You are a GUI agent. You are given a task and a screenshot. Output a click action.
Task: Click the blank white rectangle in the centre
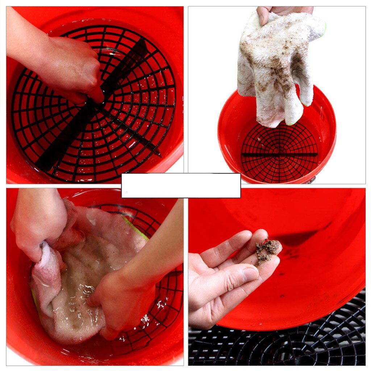[181, 185]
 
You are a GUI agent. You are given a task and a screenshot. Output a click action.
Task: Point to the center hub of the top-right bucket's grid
[279, 154]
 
